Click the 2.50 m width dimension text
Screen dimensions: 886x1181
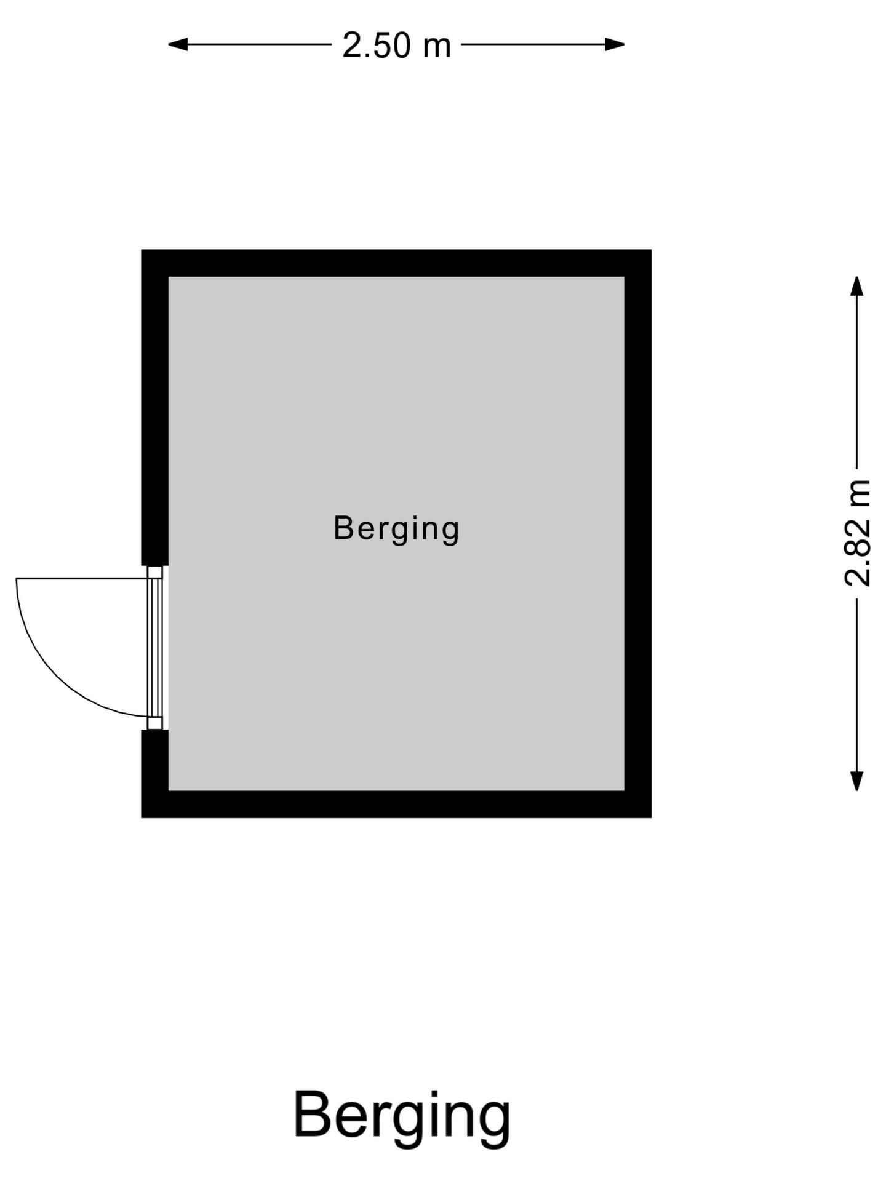click(x=396, y=46)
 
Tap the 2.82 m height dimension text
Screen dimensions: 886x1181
click(x=857, y=533)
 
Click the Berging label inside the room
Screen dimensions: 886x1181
click(x=396, y=529)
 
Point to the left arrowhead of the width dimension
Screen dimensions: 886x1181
click(x=178, y=44)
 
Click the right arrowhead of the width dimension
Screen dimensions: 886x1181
click(x=615, y=44)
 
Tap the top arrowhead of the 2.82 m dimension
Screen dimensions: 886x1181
click(x=856, y=286)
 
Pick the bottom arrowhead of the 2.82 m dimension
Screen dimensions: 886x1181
click(x=856, y=781)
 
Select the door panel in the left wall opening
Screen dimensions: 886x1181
click(x=154, y=648)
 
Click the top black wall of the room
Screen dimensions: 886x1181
click(x=396, y=263)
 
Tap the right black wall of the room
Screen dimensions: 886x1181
click(x=638, y=533)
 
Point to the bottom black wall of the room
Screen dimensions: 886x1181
click(x=396, y=804)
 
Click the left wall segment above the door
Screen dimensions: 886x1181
click(x=155, y=407)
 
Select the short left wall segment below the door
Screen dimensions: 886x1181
click(x=155, y=774)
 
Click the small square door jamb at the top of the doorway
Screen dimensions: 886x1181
click(x=155, y=572)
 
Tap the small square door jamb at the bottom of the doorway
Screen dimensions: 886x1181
click(x=155, y=723)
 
